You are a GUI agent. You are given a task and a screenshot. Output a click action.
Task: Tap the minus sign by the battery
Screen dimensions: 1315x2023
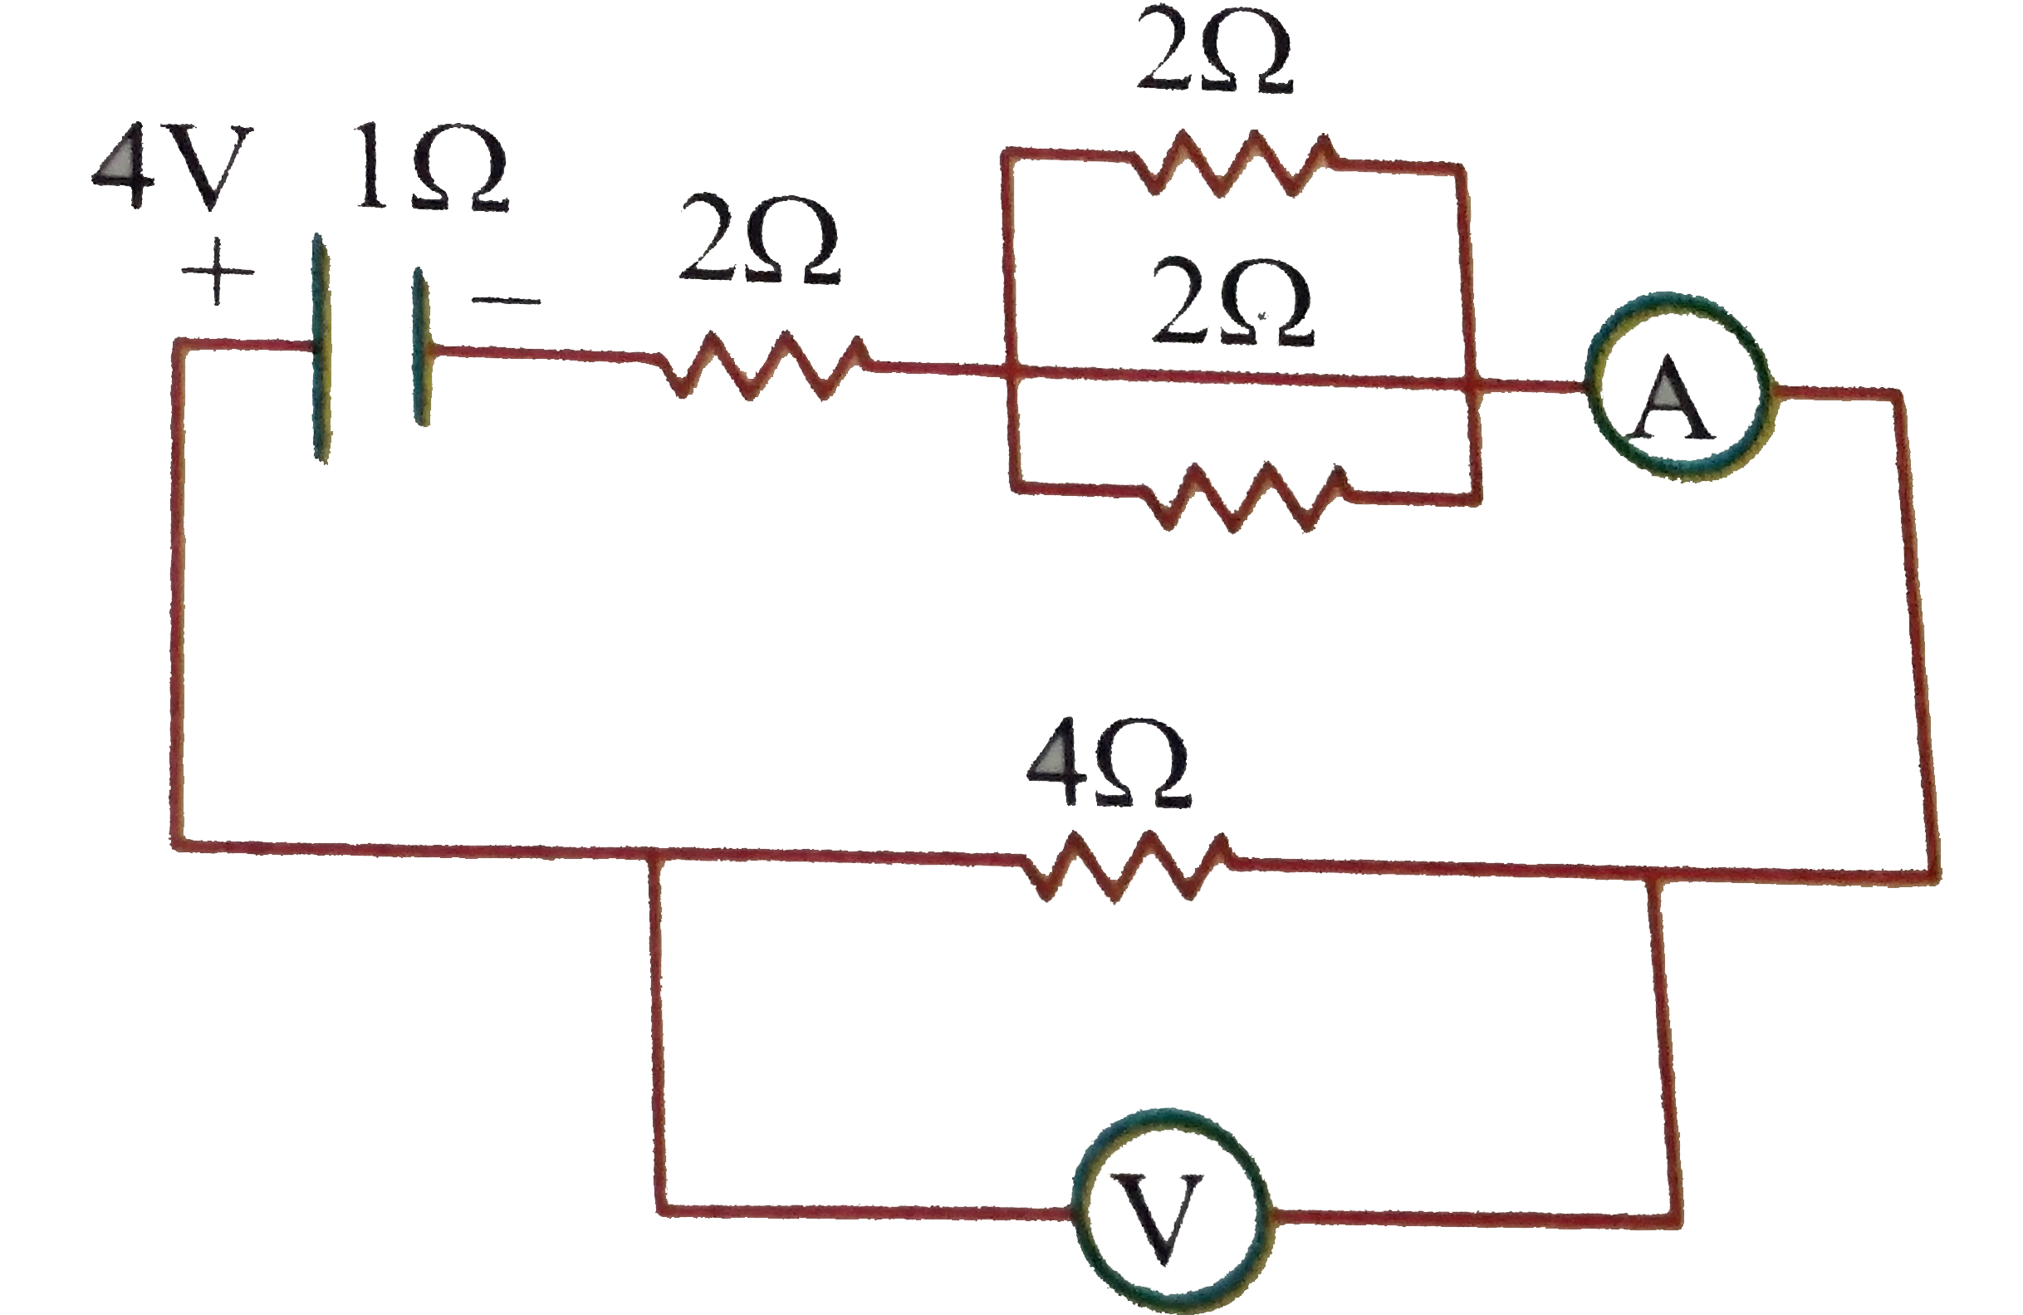pos(507,299)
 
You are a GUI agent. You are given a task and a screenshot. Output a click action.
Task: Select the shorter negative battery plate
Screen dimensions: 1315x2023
pos(421,346)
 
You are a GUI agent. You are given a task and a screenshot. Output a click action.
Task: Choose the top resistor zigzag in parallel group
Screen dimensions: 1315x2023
pos(1232,166)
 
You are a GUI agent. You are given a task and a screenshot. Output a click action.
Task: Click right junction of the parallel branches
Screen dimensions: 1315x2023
pos(1476,388)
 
